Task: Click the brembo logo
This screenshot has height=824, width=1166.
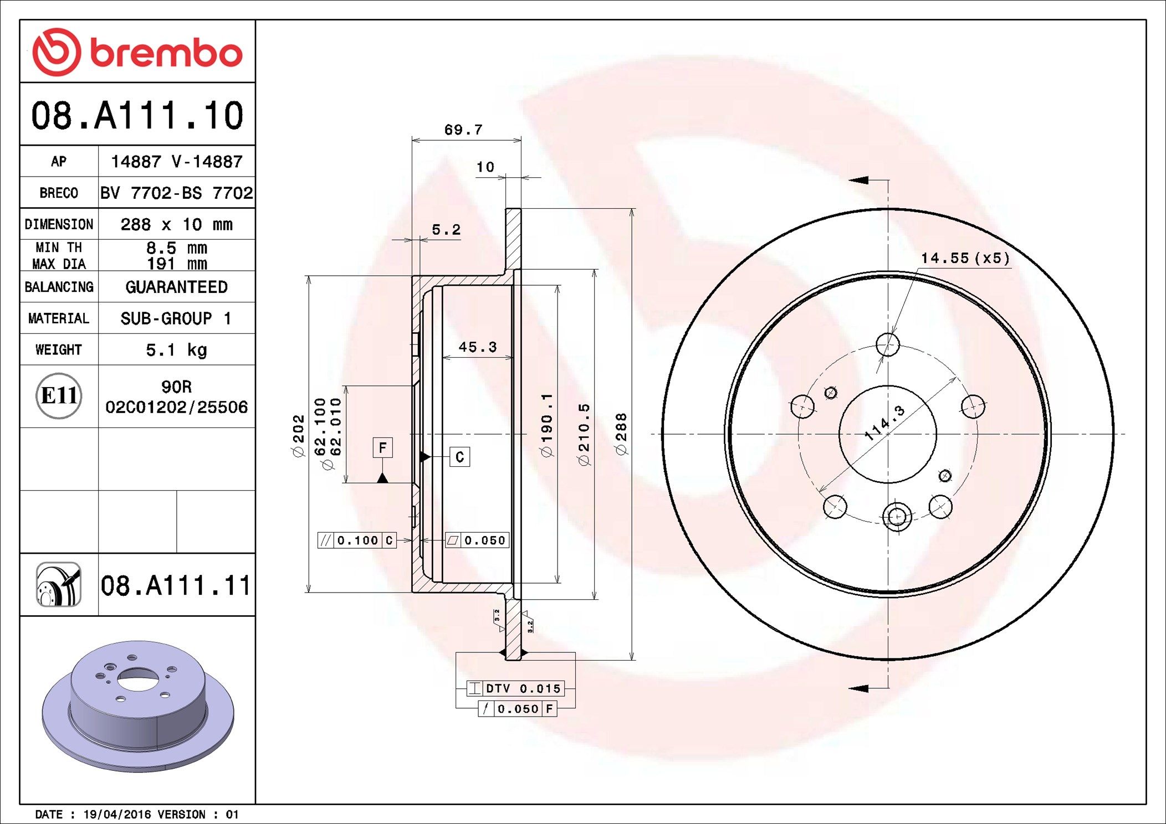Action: (137, 53)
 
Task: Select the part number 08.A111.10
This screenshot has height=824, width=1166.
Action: (137, 116)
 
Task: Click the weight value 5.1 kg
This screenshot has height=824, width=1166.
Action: (176, 350)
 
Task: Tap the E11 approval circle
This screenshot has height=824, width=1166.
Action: (59, 396)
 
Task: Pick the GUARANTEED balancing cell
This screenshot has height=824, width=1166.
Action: (176, 287)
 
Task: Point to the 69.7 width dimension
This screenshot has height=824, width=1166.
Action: (463, 130)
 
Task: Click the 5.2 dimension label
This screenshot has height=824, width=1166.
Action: (446, 229)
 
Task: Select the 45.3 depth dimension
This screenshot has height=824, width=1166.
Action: (477, 347)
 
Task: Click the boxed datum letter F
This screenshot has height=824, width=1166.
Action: (382, 447)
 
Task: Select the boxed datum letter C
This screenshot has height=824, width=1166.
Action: (459, 457)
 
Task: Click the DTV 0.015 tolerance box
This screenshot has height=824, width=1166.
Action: (515, 688)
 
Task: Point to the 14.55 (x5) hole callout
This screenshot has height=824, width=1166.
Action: (965, 258)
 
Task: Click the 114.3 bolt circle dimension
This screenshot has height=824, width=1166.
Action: (884, 423)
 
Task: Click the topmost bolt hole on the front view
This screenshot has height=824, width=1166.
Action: (888, 344)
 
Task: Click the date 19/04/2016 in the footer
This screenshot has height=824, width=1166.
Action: (117, 815)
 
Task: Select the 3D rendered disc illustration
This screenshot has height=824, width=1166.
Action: (137, 706)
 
